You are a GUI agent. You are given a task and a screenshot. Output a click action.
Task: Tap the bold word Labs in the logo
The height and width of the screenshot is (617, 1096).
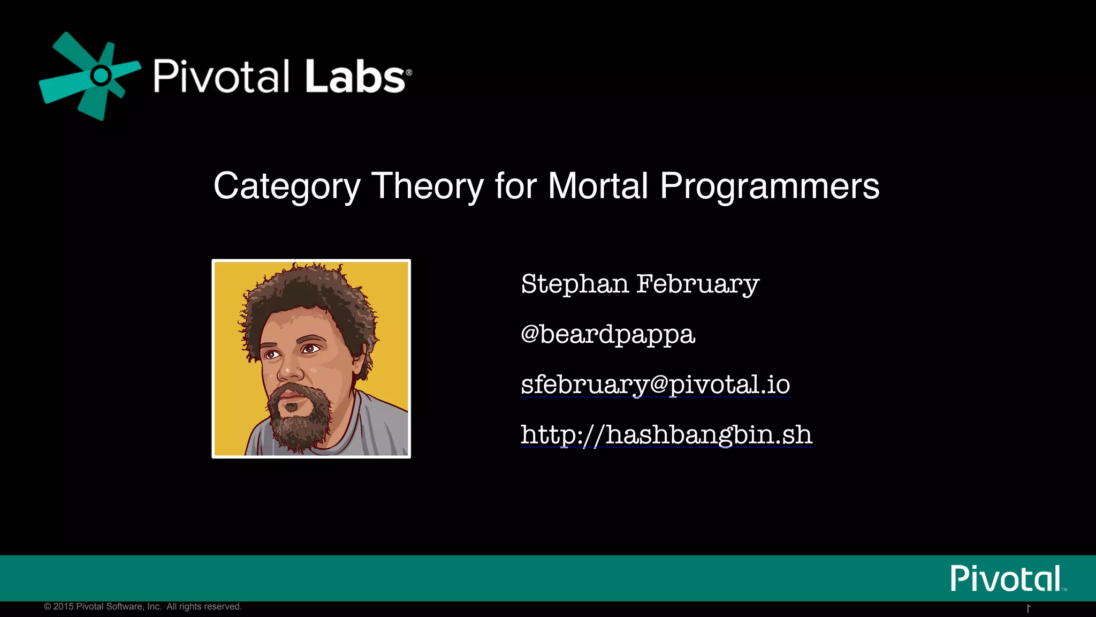pyautogui.click(x=355, y=77)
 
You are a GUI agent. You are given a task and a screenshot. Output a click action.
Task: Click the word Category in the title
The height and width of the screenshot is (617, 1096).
pyautogui.click(x=287, y=186)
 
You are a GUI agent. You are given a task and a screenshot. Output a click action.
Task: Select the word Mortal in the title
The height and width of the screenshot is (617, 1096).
pyautogui.click(x=598, y=186)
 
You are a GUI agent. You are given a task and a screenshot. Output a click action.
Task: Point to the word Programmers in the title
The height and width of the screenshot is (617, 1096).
pyautogui.click(x=770, y=186)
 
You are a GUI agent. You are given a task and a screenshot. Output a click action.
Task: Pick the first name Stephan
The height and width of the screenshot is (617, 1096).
pyautogui.click(x=575, y=284)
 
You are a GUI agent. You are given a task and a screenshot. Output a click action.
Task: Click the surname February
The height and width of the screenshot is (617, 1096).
pyautogui.click(x=697, y=284)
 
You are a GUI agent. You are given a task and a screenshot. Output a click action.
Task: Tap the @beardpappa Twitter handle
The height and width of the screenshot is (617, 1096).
pyautogui.click(x=607, y=334)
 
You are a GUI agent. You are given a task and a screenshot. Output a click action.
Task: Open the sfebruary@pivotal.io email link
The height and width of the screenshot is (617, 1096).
pyautogui.click(x=655, y=385)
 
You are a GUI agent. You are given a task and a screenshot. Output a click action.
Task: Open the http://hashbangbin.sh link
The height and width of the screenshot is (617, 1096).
pyautogui.click(x=666, y=434)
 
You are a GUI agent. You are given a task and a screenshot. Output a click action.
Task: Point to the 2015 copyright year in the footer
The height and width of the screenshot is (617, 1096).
pyautogui.click(x=63, y=606)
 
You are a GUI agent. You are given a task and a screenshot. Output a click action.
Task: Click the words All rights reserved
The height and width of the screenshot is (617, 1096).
pyautogui.click(x=204, y=606)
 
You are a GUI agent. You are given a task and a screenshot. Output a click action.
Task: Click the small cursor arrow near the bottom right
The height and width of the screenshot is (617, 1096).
pyautogui.click(x=1028, y=608)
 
